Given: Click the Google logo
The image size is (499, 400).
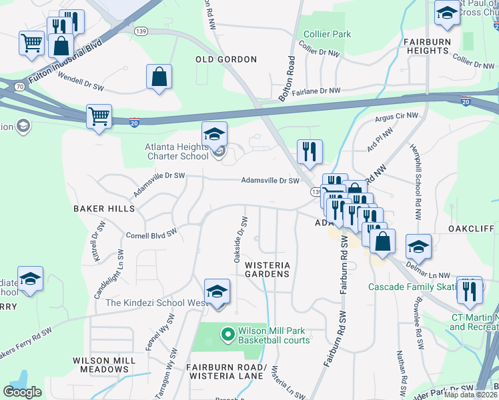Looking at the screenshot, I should click(x=22, y=392).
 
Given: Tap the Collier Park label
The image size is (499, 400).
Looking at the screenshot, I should click(x=327, y=34).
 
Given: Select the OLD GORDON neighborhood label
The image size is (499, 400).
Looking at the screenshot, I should click(x=226, y=59).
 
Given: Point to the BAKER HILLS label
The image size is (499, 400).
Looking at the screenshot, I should click(x=104, y=209).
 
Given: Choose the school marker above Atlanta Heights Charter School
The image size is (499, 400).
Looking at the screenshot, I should click(x=215, y=135).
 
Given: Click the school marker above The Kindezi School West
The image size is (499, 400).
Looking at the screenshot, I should click(x=217, y=292).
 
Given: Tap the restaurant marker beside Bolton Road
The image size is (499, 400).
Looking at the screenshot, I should click(x=310, y=152).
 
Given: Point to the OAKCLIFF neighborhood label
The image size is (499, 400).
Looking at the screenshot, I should click(x=471, y=229).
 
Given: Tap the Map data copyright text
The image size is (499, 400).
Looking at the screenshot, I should click(x=471, y=395).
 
